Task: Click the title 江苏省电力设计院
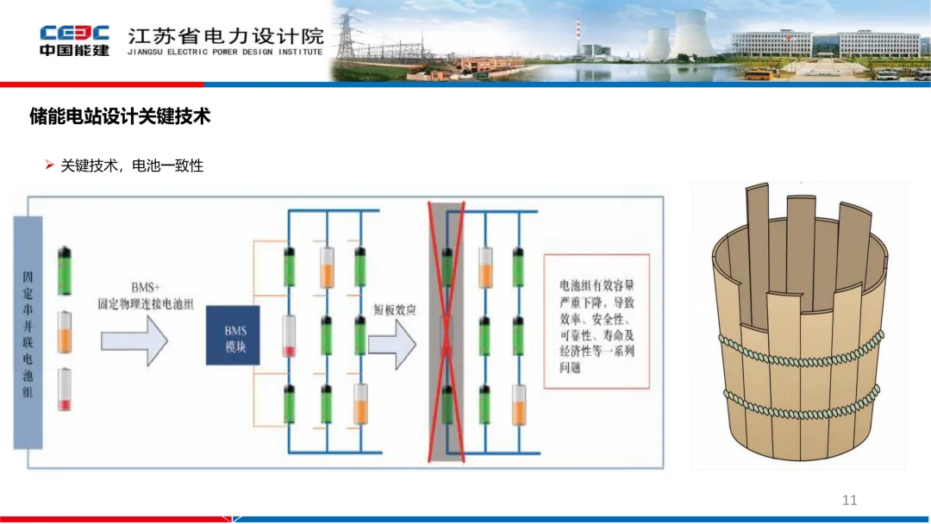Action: point(226,36)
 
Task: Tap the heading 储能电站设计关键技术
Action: point(120,116)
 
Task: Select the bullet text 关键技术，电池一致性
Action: point(131,165)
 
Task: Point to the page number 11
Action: point(849,500)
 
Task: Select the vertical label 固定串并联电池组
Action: point(28,332)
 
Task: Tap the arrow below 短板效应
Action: point(392,343)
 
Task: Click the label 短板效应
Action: point(395,309)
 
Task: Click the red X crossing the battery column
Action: point(447,332)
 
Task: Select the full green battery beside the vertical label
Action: point(66,271)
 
